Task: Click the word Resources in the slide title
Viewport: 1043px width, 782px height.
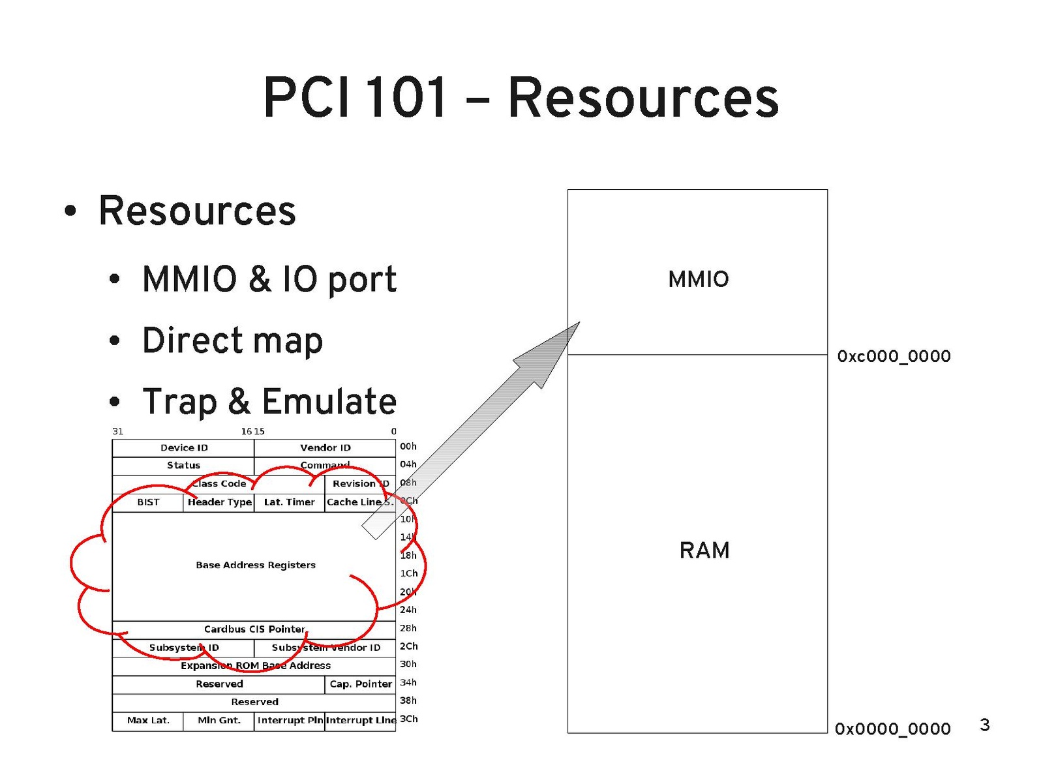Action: click(642, 98)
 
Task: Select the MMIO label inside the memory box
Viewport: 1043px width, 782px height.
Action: click(698, 279)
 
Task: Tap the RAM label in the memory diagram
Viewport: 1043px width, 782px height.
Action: click(704, 550)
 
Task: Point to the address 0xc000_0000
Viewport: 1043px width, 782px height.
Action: click(894, 356)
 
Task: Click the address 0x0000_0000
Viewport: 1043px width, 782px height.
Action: click(892, 729)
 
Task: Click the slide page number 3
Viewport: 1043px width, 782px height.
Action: click(985, 725)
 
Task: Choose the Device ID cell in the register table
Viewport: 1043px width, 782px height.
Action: click(184, 447)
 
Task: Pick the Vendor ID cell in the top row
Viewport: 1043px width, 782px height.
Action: click(325, 447)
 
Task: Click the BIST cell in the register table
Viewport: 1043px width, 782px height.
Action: click(148, 502)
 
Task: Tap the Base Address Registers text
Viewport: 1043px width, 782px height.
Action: click(256, 565)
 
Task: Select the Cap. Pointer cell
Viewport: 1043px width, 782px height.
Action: click(360, 684)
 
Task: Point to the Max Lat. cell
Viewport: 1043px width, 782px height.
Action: click(148, 721)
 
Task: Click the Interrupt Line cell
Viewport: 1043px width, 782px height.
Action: click(361, 721)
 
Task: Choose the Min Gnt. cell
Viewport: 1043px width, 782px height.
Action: click(219, 721)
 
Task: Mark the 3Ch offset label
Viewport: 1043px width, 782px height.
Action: click(408, 719)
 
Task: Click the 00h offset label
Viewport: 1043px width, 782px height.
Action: click(408, 447)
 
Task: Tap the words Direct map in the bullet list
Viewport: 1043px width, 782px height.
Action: click(232, 340)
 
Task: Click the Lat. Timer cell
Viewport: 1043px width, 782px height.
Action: click(289, 502)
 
